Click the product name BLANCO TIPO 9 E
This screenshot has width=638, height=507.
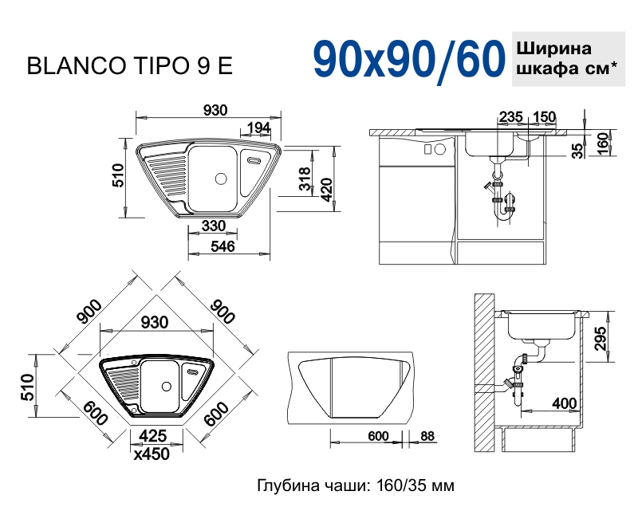point(130,66)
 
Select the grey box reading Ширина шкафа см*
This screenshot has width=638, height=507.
point(568,57)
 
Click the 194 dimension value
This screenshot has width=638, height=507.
point(257,128)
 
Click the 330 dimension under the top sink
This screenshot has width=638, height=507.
point(213,226)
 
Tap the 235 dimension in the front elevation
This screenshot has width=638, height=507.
point(510,117)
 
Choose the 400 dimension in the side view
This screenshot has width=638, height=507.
point(564,403)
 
